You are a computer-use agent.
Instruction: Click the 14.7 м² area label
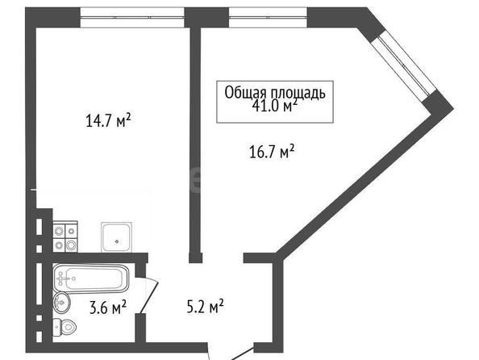pyautogui.click(x=108, y=120)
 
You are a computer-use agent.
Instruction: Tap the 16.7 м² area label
pyautogui.click(x=272, y=151)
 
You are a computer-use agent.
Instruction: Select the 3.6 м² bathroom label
pyautogui.click(x=108, y=307)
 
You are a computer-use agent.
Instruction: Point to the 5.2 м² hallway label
pyautogui.click(x=206, y=306)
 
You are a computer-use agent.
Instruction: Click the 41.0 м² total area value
pyautogui.click(x=275, y=106)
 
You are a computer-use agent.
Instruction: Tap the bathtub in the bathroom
pyautogui.click(x=91, y=278)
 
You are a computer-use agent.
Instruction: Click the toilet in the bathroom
pyautogui.click(x=65, y=327)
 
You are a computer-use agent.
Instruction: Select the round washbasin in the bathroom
pyautogui.click(x=61, y=302)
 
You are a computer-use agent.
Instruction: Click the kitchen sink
pyautogui.click(x=116, y=237)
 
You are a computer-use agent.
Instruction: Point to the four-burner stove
pyautogui.click(x=65, y=237)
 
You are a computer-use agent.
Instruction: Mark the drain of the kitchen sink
pyautogui.click(x=117, y=241)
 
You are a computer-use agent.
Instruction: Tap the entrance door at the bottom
pyautogui.click(x=232, y=353)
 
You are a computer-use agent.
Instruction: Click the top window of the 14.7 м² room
pyautogui.click(x=132, y=18)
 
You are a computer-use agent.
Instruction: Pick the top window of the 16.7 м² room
pyautogui.click(x=268, y=18)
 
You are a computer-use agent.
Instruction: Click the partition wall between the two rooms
pyautogui.click(x=195, y=144)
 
